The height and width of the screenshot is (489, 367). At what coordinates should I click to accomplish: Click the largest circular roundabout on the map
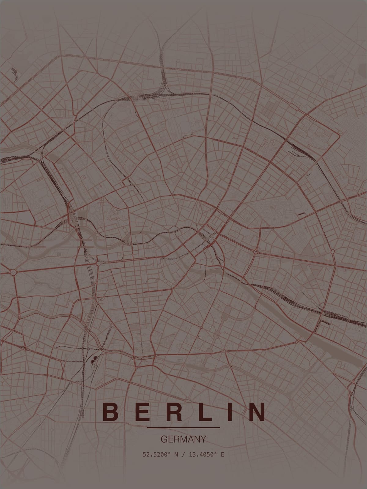point(13,272)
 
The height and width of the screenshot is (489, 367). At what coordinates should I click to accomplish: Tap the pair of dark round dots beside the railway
point(93,358)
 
